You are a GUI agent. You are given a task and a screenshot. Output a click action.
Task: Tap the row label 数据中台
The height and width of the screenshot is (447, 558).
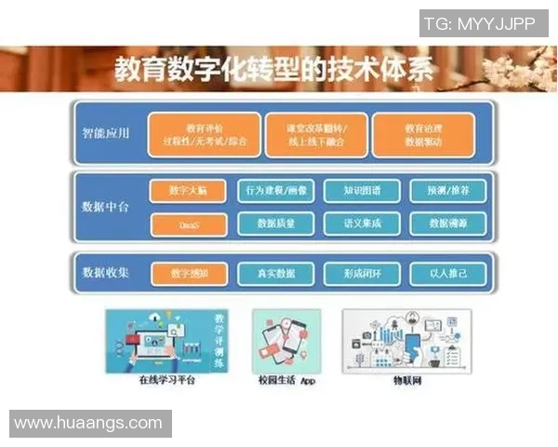[x=105, y=206]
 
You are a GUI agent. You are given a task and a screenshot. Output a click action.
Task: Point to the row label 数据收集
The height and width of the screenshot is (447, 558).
[x=105, y=273]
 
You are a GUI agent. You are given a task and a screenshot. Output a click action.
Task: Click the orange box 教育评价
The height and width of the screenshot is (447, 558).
[x=199, y=135]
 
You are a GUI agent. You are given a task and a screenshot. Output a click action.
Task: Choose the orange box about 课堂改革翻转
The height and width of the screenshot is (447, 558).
[x=312, y=135]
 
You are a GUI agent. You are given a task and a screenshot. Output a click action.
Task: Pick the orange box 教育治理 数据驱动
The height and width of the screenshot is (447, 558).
[x=423, y=135]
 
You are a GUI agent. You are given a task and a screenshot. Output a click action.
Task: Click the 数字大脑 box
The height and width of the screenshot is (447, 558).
[x=188, y=191]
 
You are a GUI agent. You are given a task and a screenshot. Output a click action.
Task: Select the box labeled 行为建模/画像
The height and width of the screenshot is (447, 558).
[x=276, y=191]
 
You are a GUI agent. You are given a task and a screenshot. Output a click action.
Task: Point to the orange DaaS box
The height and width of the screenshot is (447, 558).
[x=188, y=223]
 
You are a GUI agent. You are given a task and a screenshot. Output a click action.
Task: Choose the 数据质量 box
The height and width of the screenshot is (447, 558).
[x=276, y=223]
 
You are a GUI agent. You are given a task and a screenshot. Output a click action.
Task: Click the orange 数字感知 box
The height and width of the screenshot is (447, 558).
[x=188, y=274]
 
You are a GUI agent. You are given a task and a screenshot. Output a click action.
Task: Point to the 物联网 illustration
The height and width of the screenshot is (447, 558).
[x=406, y=341]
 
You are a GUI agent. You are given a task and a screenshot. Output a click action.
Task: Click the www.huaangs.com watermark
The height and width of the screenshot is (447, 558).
[x=89, y=423]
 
